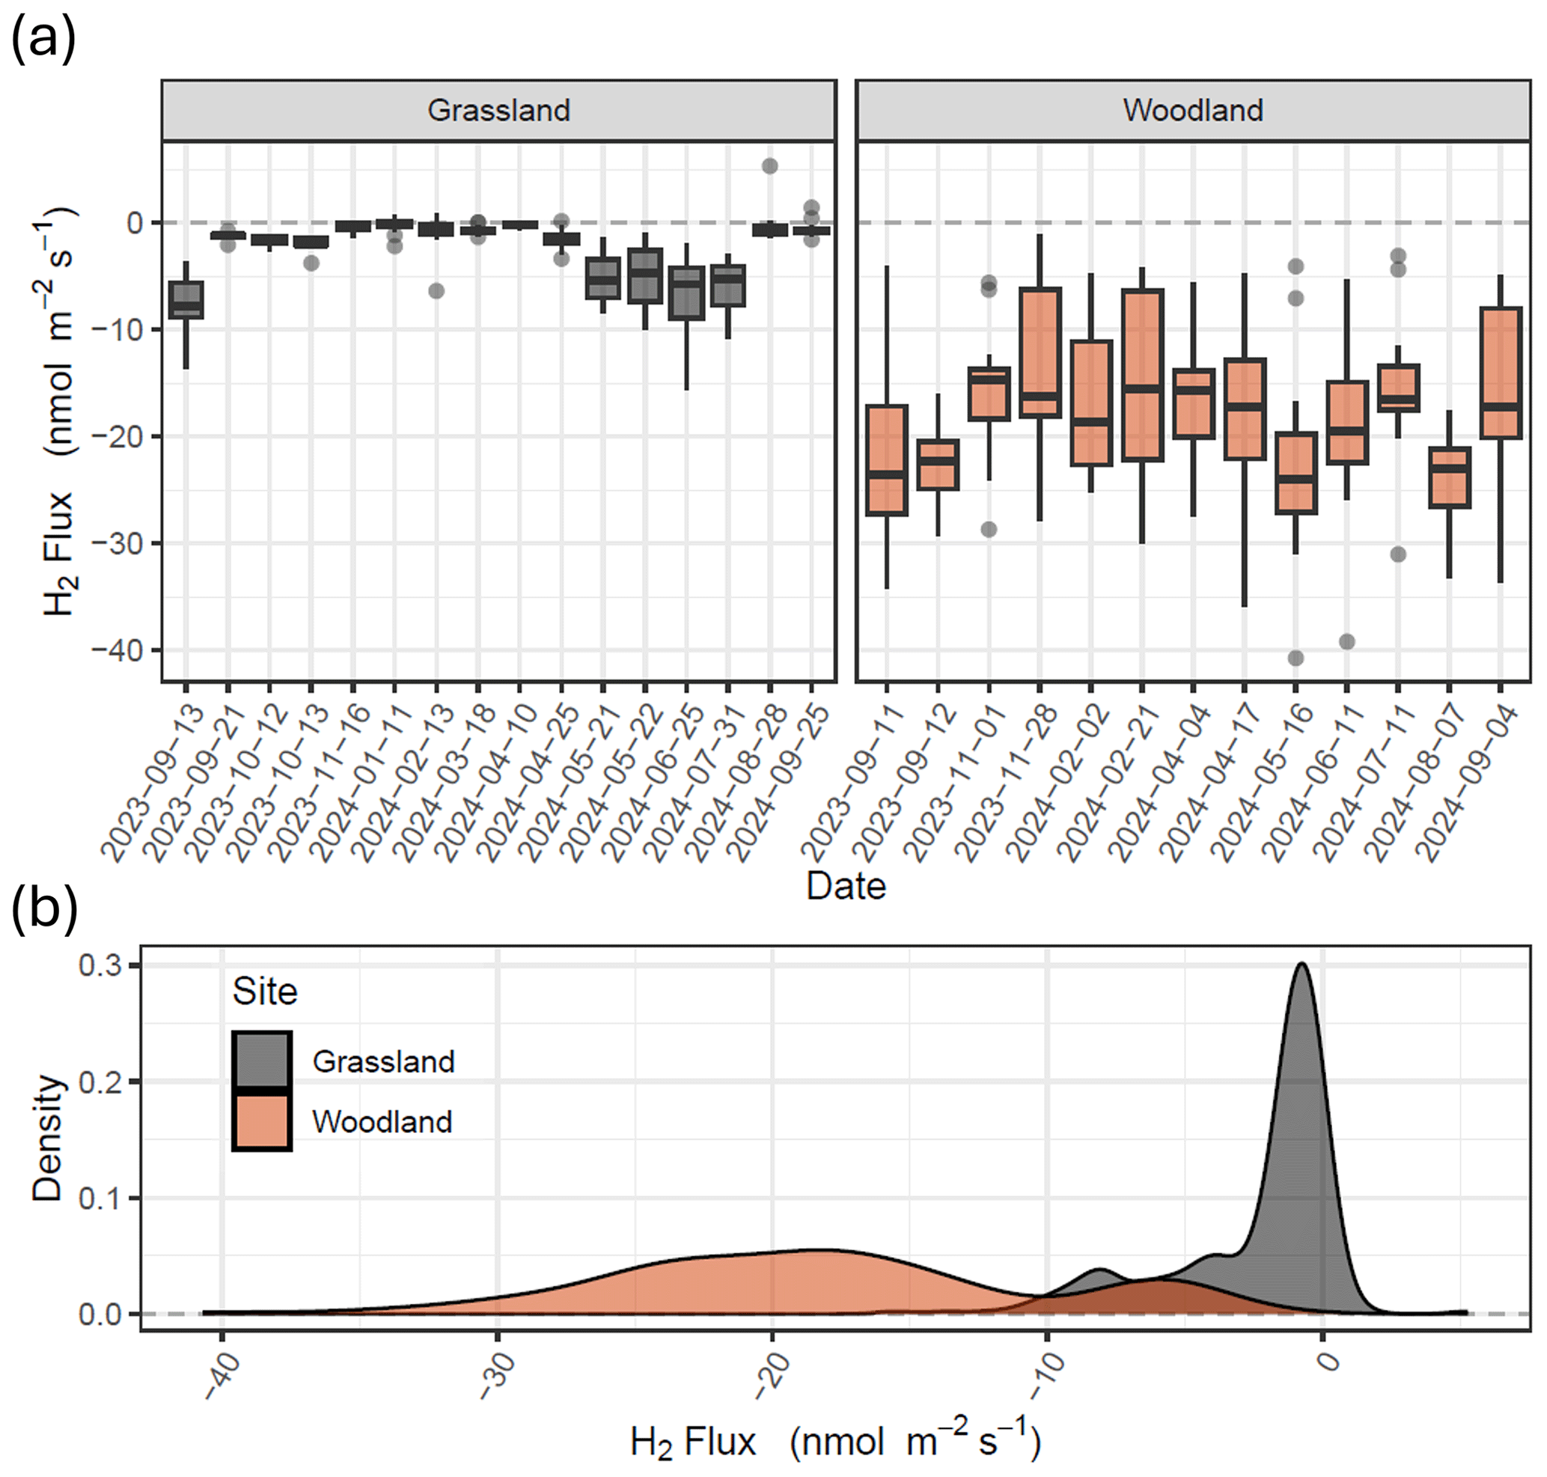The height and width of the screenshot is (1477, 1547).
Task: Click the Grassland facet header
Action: [x=498, y=110]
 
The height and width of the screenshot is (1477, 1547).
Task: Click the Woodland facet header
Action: [x=1192, y=110]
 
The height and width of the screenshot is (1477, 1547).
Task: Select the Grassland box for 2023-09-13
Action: [x=186, y=300]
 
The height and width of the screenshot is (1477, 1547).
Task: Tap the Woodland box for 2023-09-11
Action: [x=887, y=461]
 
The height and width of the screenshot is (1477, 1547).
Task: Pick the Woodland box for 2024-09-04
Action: [x=1501, y=373]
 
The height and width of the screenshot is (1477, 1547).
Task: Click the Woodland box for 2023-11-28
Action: [x=1040, y=352]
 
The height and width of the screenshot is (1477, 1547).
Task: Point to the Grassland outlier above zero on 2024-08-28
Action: [x=769, y=166]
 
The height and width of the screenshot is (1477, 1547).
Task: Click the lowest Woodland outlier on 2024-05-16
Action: [x=1295, y=658]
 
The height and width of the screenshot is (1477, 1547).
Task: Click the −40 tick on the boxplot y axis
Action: [x=118, y=650]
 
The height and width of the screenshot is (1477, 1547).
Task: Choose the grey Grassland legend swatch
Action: [x=262, y=1060]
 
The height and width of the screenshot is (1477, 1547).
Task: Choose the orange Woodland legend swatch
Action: [x=262, y=1121]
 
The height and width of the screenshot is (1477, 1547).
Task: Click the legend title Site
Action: [x=265, y=992]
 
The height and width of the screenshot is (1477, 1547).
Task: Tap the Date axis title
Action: [x=846, y=887]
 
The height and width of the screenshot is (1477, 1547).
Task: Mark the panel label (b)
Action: [x=44, y=910]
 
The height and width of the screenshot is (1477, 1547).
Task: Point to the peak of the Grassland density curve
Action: [x=1302, y=964]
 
